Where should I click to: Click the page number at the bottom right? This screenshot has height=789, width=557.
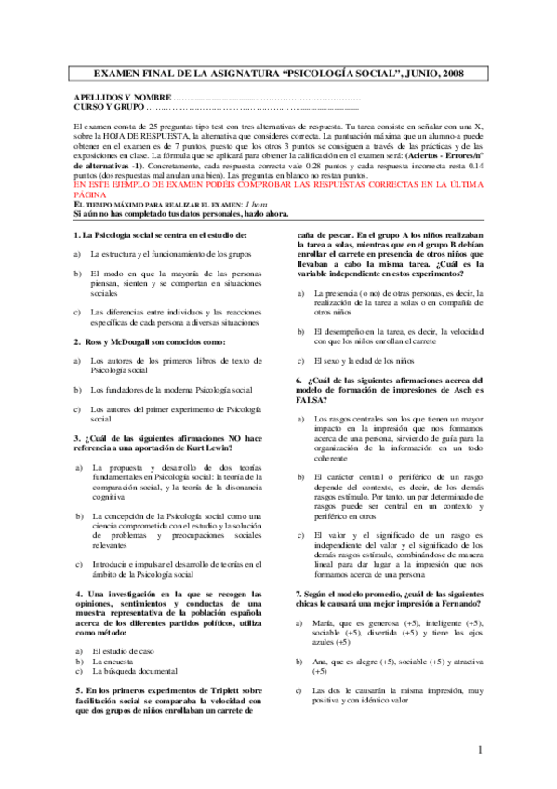480,750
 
